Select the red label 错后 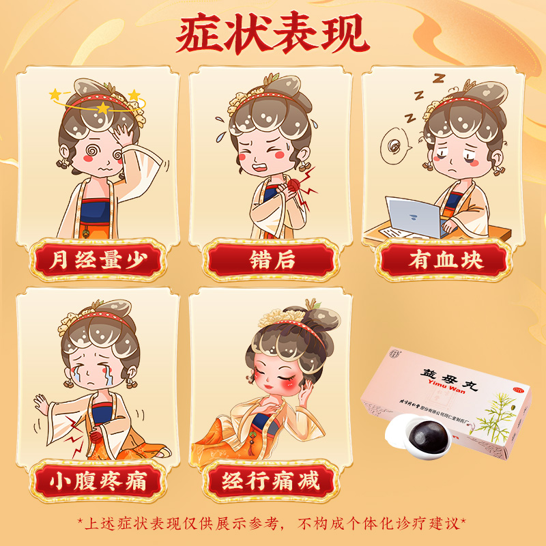click(271, 260)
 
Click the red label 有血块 click(445, 260)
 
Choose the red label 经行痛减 click(271, 481)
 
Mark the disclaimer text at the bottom click(272, 523)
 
